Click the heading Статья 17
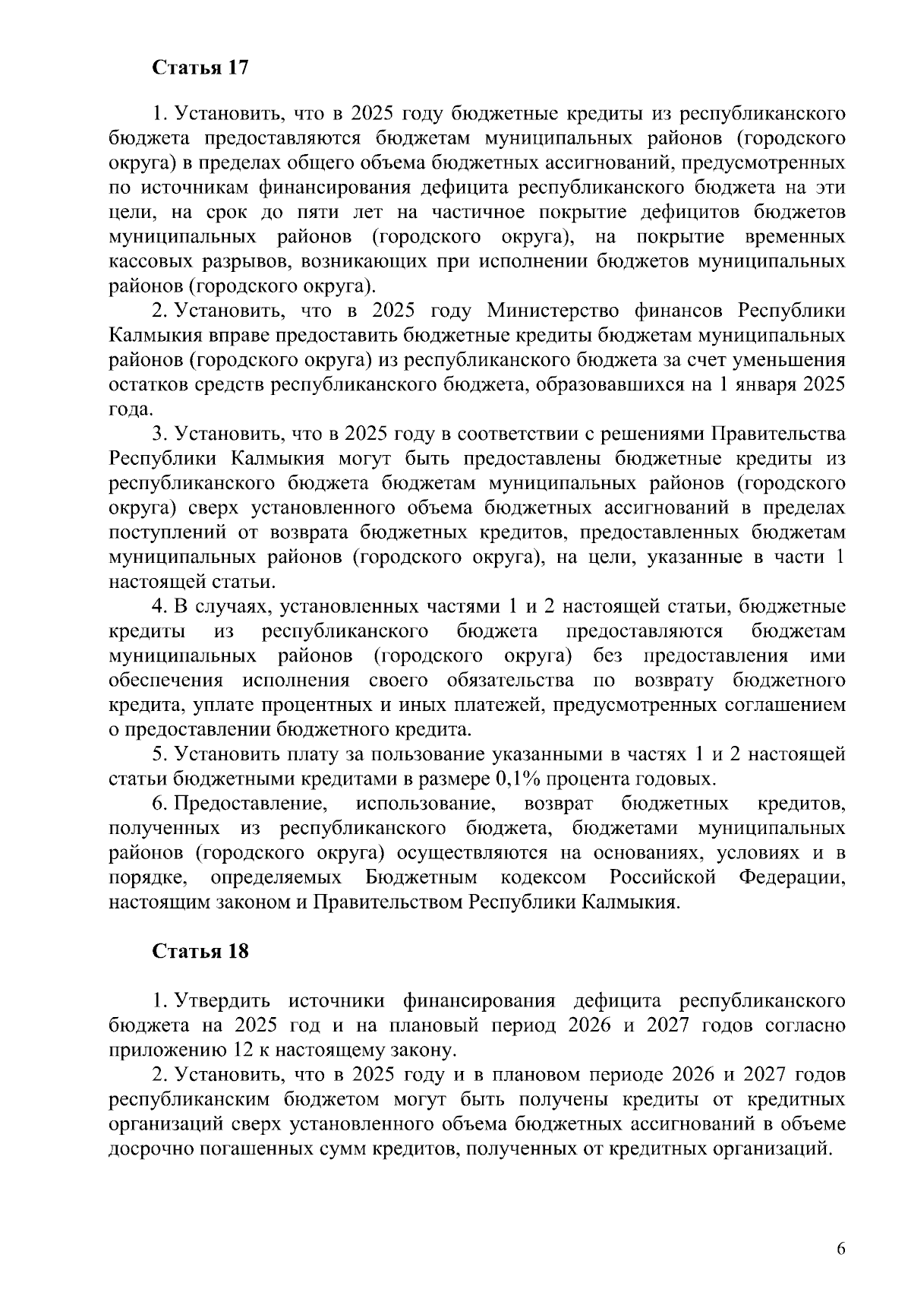pos(200,68)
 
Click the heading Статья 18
pos(200,951)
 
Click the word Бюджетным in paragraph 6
pos(421,877)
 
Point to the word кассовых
pos(147,262)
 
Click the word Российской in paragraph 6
pos(663,877)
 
